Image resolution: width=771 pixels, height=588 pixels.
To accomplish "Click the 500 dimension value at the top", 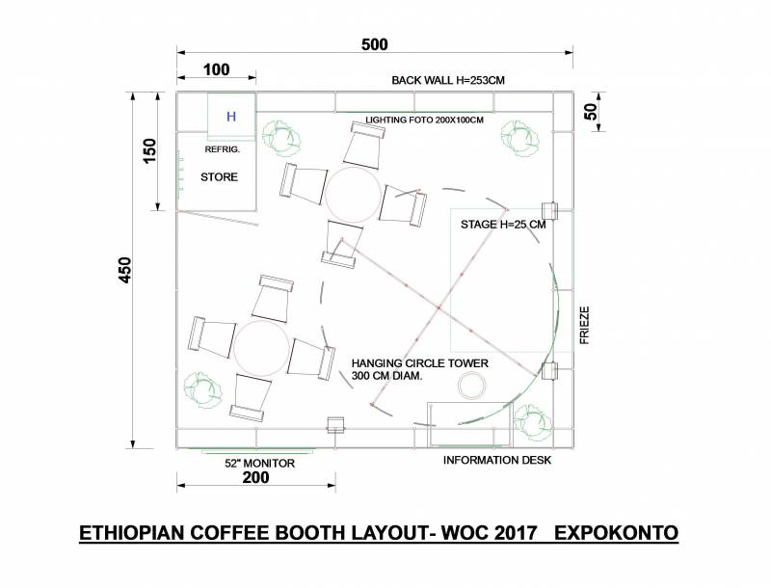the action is click(x=375, y=44).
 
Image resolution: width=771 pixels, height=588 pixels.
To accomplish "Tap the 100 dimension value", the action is click(x=216, y=69).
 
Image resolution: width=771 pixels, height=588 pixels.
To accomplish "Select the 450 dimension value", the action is click(x=125, y=270).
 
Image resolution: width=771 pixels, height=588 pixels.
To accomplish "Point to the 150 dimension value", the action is click(x=149, y=151).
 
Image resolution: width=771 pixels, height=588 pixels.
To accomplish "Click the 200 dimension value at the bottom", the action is click(x=255, y=477).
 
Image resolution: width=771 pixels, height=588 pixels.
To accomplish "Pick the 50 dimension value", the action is click(x=591, y=112).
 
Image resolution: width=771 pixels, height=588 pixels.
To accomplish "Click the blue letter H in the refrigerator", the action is click(x=231, y=117).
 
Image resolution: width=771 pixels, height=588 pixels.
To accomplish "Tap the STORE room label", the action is click(x=219, y=177).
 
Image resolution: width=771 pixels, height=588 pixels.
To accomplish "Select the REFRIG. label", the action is click(x=223, y=149).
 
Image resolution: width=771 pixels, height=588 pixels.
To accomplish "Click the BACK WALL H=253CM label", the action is click(x=448, y=80).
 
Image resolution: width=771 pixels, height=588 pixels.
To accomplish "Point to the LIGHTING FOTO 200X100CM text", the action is click(x=424, y=120).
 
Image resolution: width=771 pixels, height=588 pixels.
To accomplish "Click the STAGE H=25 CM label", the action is click(x=503, y=225).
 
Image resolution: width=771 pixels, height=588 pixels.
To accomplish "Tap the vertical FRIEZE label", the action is click(x=584, y=326).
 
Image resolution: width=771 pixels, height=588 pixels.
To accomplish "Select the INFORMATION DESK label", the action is click(x=497, y=460).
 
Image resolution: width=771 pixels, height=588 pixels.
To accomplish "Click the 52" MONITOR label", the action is click(x=259, y=463).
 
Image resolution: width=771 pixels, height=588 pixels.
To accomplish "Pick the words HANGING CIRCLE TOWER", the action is click(x=420, y=363).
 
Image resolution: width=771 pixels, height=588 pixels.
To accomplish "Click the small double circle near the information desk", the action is click(x=471, y=384).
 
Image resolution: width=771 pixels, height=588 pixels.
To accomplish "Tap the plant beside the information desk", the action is click(x=533, y=423).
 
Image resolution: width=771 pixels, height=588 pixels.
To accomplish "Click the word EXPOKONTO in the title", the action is click(x=616, y=533).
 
